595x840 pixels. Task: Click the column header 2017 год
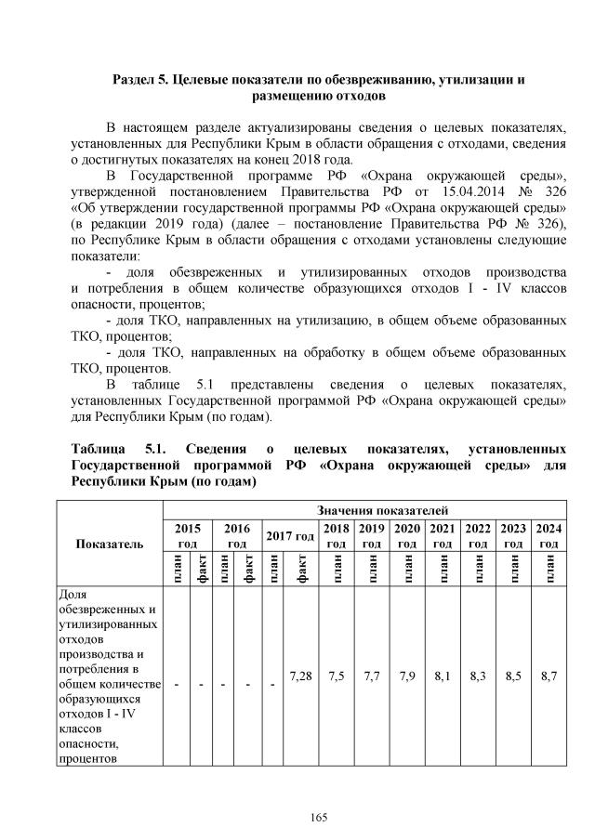click(x=290, y=535)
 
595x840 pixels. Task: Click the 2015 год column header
click(x=188, y=535)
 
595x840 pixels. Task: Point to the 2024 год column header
click(x=549, y=535)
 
